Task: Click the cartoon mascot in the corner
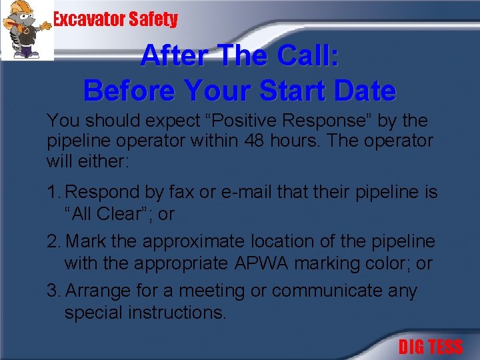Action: click(27, 30)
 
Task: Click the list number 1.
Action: click(53, 193)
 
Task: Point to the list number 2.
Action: click(53, 241)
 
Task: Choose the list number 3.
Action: click(53, 291)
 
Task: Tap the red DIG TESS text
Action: click(430, 347)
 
